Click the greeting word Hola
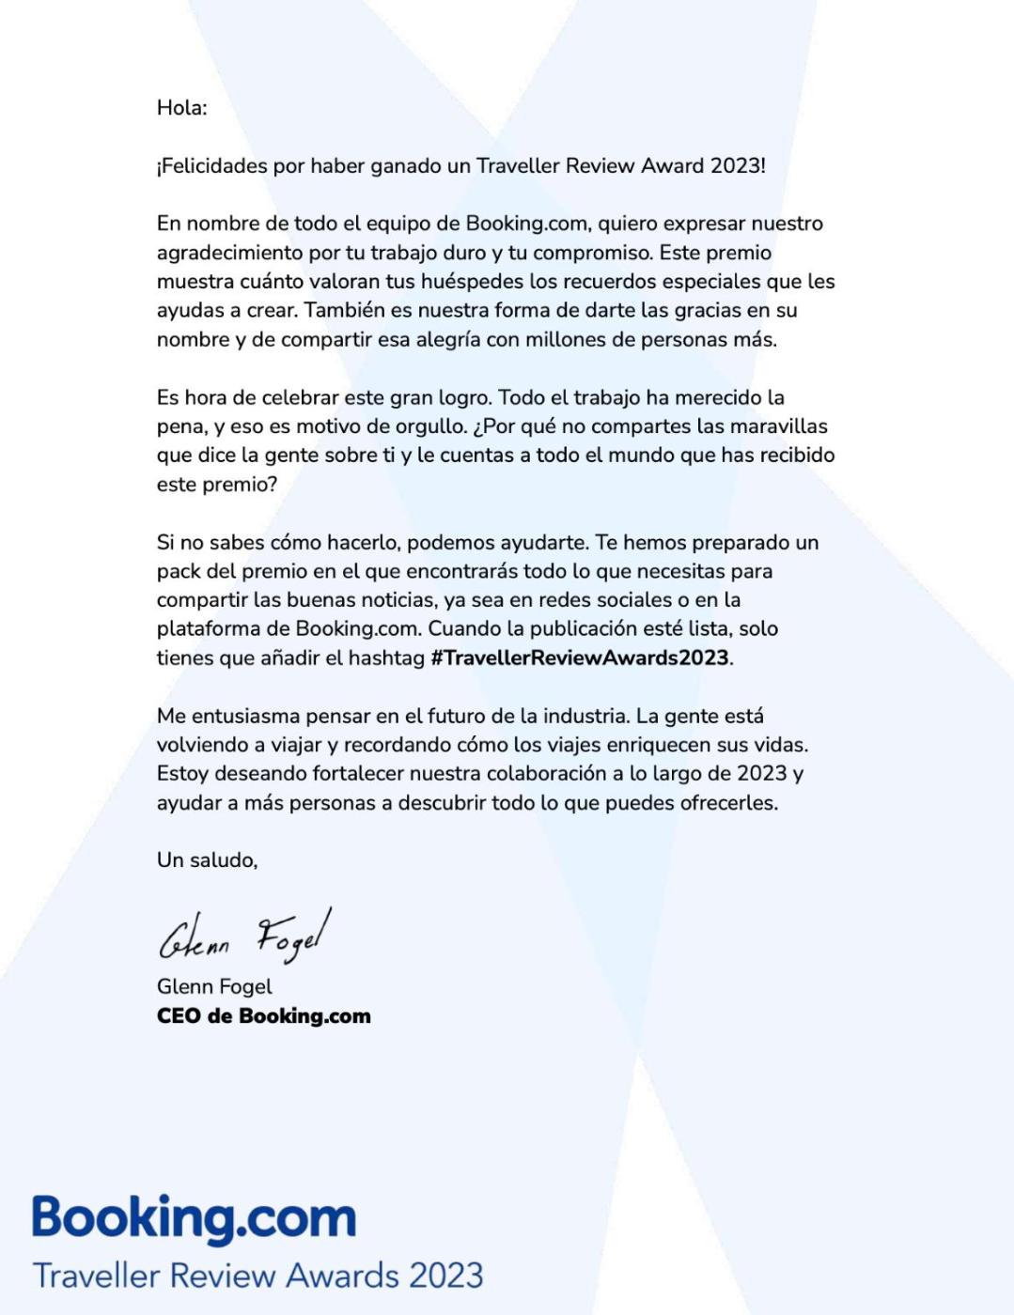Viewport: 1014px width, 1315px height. (180, 108)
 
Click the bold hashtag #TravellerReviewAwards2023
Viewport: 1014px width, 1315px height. (580, 657)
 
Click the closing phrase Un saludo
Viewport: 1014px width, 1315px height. (207, 860)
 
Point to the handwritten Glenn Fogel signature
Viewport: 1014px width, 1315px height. (244, 936)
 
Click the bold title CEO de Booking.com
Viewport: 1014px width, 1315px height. (264, 1016)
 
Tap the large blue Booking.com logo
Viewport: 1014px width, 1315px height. (195, 1219)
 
